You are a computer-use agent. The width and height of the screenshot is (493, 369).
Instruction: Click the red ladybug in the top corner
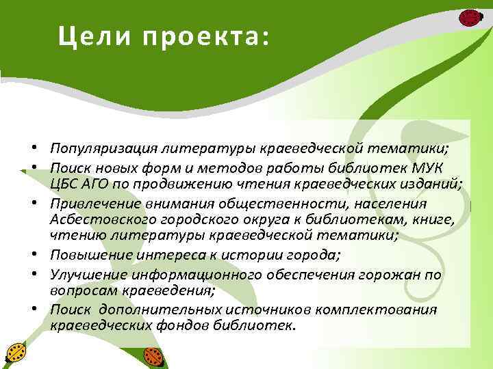[470, 18]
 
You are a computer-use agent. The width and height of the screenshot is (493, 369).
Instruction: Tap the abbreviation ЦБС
[64, 183]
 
